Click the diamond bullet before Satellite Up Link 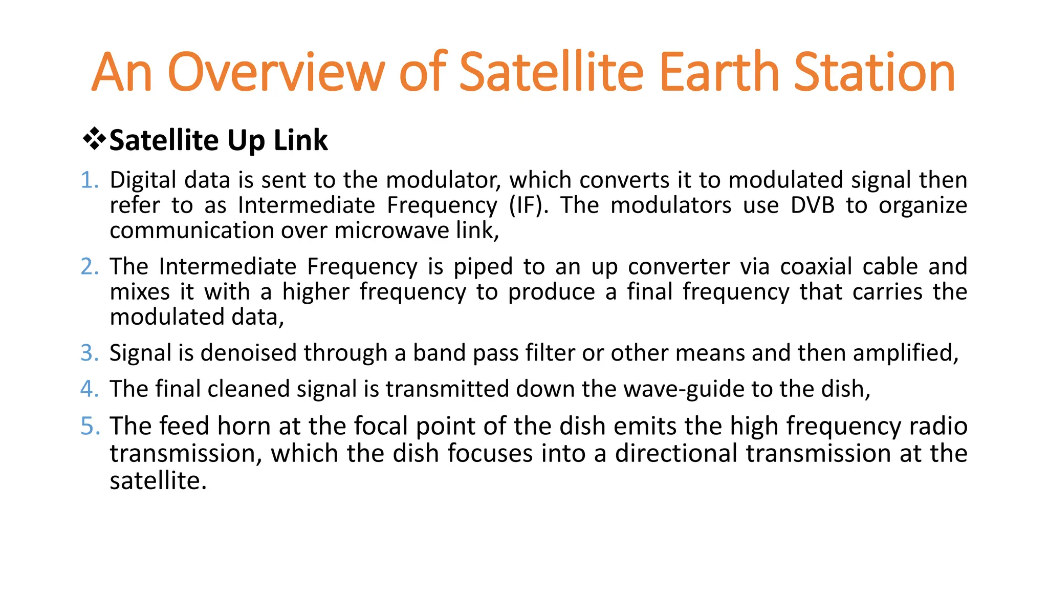[94, 139]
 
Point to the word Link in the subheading [300, 140]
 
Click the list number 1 [90, 180]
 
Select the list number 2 [90, 267]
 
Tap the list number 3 [90, 353]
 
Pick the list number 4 [90, 389]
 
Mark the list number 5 [90, 426]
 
